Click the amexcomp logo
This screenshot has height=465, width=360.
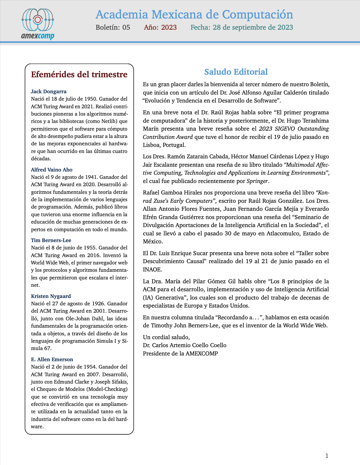(x=38, y=24)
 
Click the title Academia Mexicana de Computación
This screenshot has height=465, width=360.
(x=194, y=15)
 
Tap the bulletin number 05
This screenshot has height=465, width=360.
(x=126, y=27)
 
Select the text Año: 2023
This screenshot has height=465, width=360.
(x=160, y=27)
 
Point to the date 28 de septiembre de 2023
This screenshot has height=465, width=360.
(x=253, y=27)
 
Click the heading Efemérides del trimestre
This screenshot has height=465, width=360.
(x=79, y=74)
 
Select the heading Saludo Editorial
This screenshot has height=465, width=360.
(x=236, y=72)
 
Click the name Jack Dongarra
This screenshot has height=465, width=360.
(x=49, y=92)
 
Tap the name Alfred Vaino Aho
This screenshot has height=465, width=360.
(x=52, y=170)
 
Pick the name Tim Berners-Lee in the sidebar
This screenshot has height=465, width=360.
(x=51, y=240)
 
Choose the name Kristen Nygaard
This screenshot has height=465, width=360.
(x=51, y=296)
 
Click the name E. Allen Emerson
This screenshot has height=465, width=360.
(x=52, y=359)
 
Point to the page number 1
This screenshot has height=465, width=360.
(x=326, y=456)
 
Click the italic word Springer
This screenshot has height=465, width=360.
(x=258, y=181)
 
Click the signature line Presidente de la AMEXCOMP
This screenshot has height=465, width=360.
(x=180, y=354)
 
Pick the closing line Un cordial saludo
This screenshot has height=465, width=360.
(x=166, y=337)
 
